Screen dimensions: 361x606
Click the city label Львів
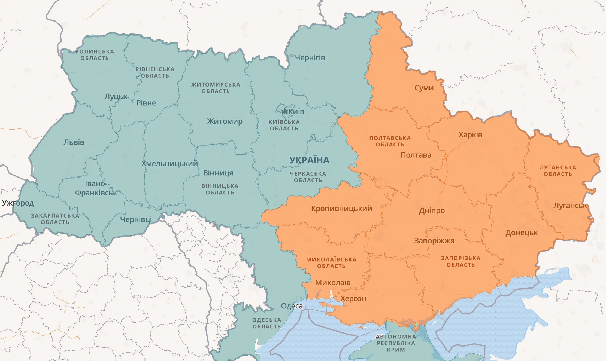74,142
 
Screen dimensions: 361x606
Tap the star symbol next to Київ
284,111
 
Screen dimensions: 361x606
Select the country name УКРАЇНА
309,160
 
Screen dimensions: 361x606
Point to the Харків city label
470,135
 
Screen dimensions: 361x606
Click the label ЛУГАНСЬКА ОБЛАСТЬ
558,171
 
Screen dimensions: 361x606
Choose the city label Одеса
292,306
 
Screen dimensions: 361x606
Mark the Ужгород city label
18,203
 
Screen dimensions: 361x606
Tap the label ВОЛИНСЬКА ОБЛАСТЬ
95,55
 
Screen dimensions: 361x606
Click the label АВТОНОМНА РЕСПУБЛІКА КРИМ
396,343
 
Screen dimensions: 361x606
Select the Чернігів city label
310,58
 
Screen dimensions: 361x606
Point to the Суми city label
424,88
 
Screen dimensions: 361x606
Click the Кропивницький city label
341,209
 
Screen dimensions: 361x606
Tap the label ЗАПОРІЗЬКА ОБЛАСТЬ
460,261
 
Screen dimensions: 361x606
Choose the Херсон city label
353,299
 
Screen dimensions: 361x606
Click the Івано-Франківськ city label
96,188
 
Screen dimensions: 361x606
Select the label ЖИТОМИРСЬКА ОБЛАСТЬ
216,88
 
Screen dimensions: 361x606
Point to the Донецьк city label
522,233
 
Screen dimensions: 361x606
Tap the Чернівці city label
136,219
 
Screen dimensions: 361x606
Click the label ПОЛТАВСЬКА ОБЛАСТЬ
390,141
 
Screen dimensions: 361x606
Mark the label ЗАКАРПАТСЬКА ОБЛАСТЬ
55,219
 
